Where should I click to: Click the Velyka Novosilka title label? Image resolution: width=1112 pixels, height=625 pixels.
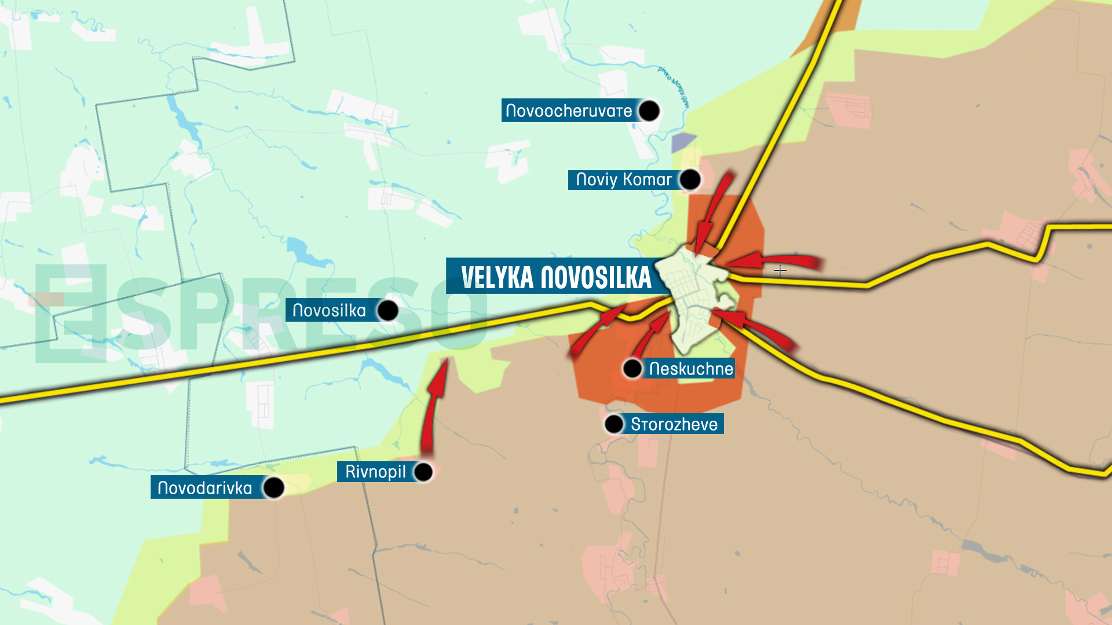(x=555, y=277)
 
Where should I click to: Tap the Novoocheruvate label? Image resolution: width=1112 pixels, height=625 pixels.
(x=569, y=111)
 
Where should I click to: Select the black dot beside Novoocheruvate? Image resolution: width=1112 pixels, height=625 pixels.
(x=649, y=111)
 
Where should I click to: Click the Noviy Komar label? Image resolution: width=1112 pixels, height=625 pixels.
(x=623, y=180)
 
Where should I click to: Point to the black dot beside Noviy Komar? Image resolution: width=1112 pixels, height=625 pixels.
(x=690, y=180)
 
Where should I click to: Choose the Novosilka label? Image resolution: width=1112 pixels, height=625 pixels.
(x=329, y=311)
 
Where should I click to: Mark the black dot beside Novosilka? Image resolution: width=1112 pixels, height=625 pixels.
(x=387, y=311)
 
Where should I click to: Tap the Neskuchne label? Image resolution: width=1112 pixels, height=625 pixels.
(x=690, y=369)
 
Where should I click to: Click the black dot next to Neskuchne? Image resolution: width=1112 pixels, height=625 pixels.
(x=632, y=368)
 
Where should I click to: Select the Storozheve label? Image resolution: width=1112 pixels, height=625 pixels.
(x=674, y=424)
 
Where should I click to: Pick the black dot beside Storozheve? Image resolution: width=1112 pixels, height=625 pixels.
(x=613, y=424)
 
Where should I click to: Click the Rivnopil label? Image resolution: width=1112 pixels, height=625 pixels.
(x=375, y=472)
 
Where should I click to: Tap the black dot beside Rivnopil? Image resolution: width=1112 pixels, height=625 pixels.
(x=423, y=472)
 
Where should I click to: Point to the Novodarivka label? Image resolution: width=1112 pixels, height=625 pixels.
(x=204, y=488)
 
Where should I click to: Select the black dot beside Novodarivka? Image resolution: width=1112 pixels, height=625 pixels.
(x=273, y=488)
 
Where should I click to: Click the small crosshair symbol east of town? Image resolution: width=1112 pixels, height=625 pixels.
(x=780, y=270)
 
